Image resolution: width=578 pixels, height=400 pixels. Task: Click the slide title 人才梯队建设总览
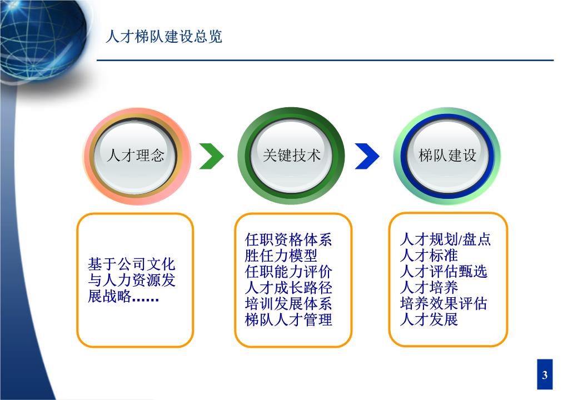[x=164, y=37]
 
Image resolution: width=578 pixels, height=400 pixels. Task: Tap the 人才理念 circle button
[x=136, y=156]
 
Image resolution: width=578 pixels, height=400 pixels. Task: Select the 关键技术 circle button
[x=291, y=156]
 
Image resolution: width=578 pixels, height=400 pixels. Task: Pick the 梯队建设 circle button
[x=447, y=156]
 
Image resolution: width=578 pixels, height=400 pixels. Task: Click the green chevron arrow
[x=212, y=156]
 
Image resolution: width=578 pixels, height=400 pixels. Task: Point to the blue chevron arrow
[x=367, y=156]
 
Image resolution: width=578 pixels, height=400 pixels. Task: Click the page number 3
[x=545, y=375]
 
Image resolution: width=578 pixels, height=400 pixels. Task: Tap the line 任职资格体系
[x=288, y=240]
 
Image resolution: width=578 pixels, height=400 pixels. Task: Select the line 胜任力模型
[x=281, y=256]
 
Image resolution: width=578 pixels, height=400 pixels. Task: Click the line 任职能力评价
[x=288, y=272]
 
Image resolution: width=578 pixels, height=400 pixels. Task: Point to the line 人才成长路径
[x=288, y=288]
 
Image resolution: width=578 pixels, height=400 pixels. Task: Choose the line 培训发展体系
[x=288, y=304]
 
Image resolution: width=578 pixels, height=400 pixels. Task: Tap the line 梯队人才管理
[x=288, y=319]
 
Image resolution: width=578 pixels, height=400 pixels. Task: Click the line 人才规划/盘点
[x=445, y=239]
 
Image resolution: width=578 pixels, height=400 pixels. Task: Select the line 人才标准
[x=429, y=255]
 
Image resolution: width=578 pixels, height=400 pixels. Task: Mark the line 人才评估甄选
[x=444, y=272]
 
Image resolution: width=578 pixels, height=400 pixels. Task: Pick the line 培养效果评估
[x=444, y=303]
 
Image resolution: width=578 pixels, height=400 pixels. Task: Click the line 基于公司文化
[x=132, y=264]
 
